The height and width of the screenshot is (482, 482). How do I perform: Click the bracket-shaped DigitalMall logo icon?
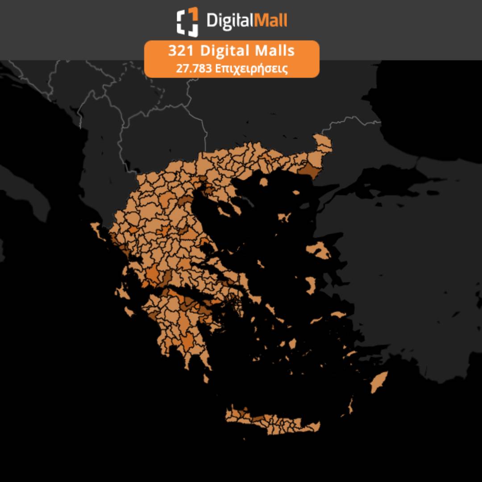[x=187, y=21]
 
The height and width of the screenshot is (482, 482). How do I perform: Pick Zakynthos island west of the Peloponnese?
[x=129, y=311]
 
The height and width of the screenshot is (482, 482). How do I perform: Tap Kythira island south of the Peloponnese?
[x=206, y=378]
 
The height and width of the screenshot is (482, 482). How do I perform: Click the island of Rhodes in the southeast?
[x=379, y=382]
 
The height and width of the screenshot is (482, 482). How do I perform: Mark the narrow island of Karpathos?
[x=350, y=406]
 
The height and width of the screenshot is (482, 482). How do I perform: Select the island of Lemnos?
[x=284, y=217]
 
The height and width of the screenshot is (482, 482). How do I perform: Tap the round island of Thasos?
[x=263, y=182]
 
